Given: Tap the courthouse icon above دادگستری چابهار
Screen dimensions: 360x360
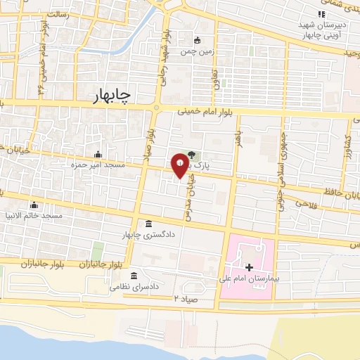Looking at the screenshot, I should [x=148, y=224].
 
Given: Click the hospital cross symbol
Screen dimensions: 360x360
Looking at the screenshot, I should [x=250, y=267].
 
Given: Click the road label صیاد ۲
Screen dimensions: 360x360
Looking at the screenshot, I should [x=187, y=299].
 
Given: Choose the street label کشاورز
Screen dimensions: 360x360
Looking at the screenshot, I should [x=347, y=148].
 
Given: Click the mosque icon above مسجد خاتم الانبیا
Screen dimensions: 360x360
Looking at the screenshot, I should [x=34, y=205].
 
